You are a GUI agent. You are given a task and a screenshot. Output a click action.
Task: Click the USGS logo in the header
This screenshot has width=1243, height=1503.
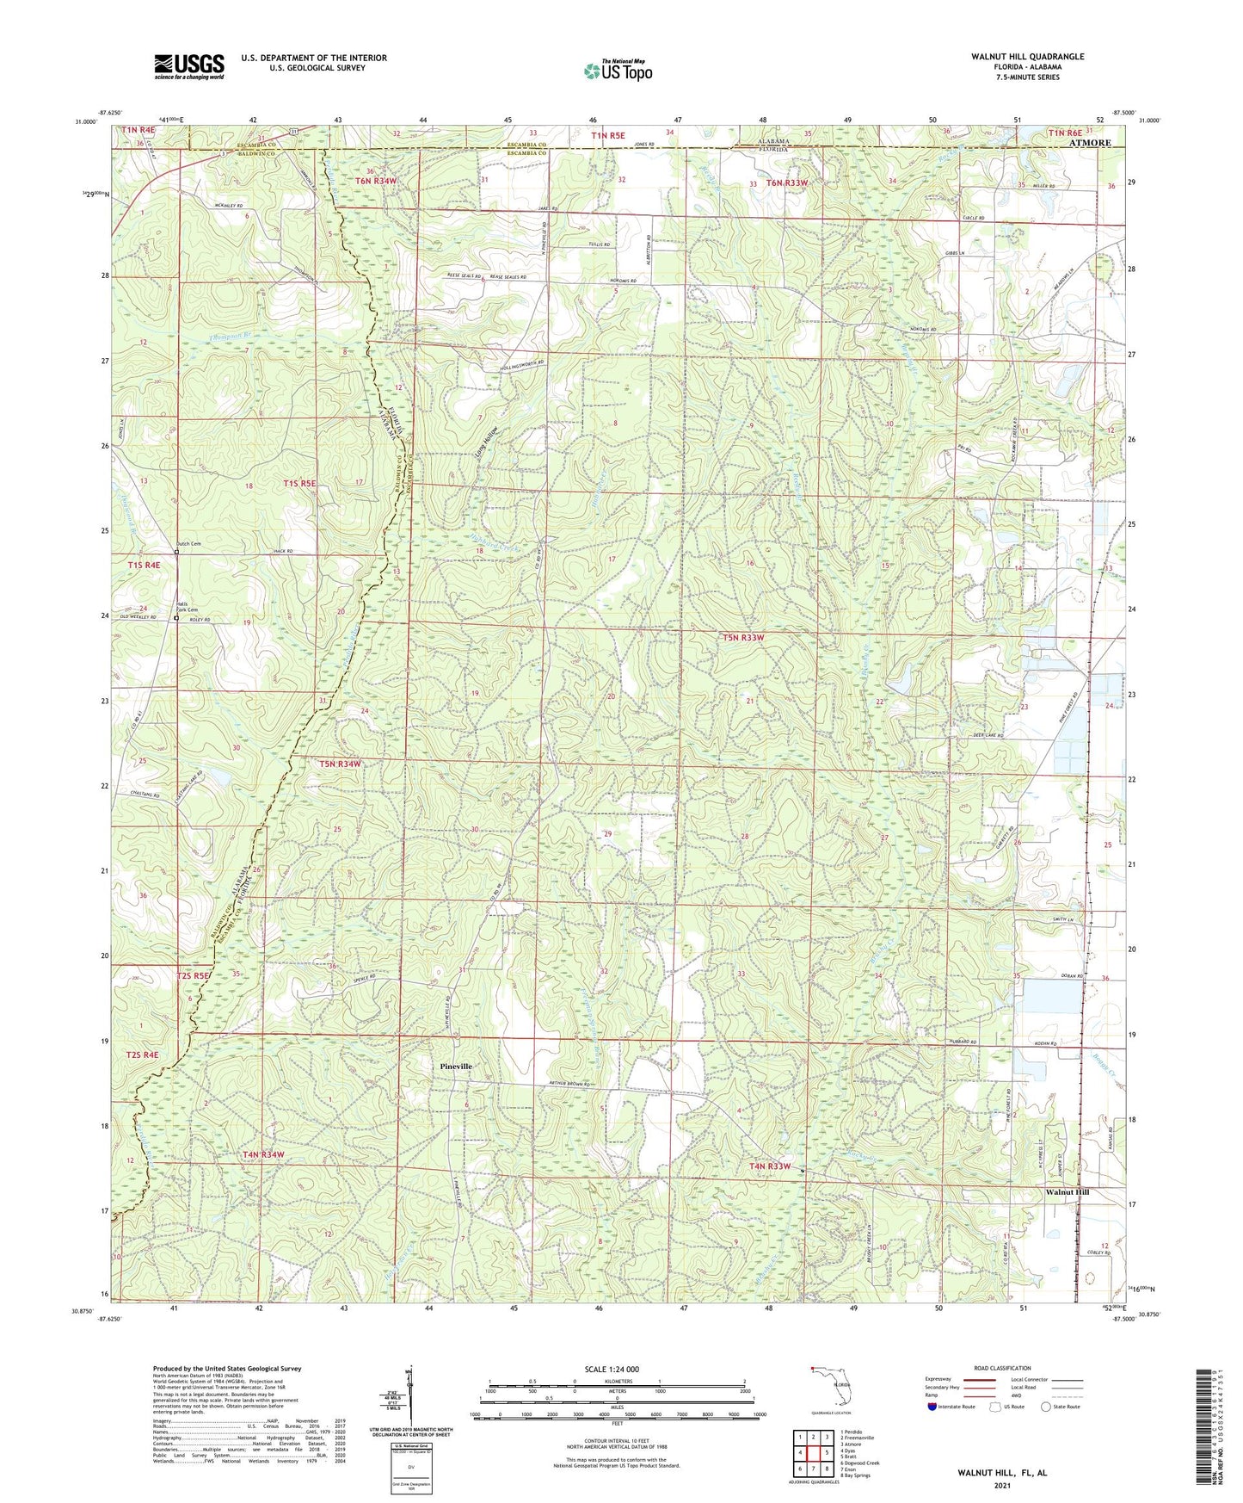pos(189,66)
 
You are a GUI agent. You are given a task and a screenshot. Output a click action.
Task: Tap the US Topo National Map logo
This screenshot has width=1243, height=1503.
pos(617,70)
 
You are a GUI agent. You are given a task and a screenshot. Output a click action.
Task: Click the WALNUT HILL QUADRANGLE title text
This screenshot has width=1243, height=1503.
pos(1027,57)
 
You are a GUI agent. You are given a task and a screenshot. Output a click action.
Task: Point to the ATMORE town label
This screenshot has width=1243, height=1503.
pos(1089,143)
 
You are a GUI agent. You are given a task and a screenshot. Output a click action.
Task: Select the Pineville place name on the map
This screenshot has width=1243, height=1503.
pos(456,1066)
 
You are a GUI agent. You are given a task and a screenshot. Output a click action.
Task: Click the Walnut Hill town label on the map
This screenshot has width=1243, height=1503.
pos(1067,1192)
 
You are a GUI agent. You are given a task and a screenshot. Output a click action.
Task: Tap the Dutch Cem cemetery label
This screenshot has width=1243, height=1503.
pos(188,544)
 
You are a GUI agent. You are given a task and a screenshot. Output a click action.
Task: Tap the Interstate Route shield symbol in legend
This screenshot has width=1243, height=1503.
pos(933,1407)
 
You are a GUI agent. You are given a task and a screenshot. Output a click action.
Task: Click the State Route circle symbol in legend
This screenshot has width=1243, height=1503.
pos(1046,1407)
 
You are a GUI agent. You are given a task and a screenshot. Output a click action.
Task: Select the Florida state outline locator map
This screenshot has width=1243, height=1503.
pos(831,1385)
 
